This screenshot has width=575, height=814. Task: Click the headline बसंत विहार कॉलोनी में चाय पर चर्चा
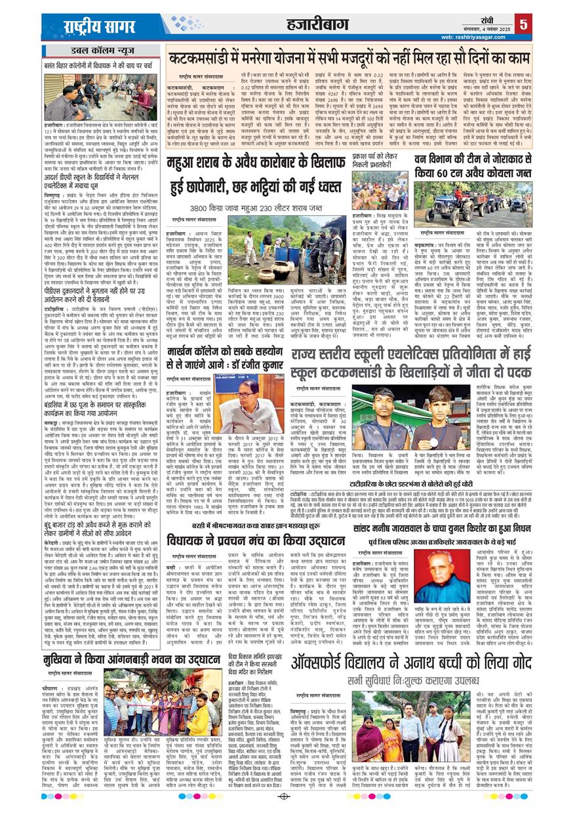[99, 66]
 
